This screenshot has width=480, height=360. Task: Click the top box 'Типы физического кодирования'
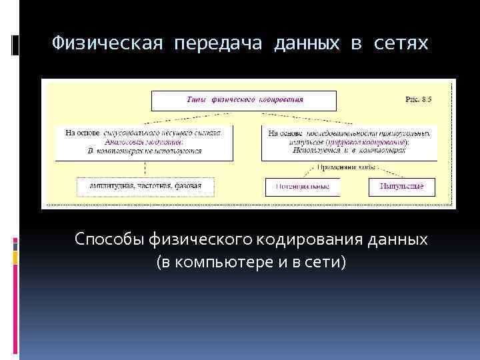(x=243, y=100)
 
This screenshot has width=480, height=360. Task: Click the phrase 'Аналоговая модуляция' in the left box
(x=144, y=142)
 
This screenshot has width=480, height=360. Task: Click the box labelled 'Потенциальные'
(x=303, y=187)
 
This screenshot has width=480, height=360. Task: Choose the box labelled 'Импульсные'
(x=401, y=187)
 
